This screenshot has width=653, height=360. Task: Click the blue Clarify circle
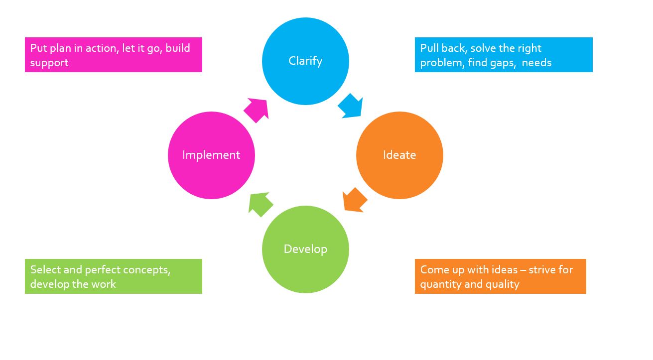pyautogui.click(x=305, y=61)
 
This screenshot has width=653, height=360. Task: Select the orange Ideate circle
pyautogui.click(x=399, y=155)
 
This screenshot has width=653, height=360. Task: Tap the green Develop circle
pyautogui.click(x=305, y=249)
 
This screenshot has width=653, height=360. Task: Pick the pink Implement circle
pyautogui.click(x=211, y=155)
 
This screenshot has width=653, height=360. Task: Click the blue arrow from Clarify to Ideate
pyautogui.click(x=351, y=106)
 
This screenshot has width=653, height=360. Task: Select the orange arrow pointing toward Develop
pyautogui.click(x=355, y=200)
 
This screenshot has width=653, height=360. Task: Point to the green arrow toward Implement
pyautogui.click(x=261, y=204)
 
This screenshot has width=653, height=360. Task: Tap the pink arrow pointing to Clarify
pyautogui.click(x=257, y=110)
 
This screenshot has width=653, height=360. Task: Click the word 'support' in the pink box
pyautogui.click(x=49, y=63)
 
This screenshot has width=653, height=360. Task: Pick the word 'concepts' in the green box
pyautogui.click(x=147, y=270)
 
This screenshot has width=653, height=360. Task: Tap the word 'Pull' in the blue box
pyautogui.click(x=429, y=48)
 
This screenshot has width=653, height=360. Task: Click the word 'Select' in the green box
pyautogui.click(x=45, y=270)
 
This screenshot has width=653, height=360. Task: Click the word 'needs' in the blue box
pyautogui.click(x=536, y=63)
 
